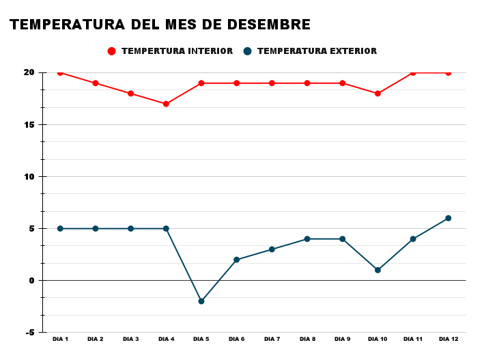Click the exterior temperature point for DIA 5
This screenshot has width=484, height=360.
pyautogui.click(x=201, y=301)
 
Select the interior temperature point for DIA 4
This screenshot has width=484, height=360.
pyautogui.click(x=166, y=104)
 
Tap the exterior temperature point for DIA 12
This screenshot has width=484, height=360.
pyautogui.click(x=449, y=218)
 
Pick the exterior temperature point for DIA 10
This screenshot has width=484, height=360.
pyautogui.click(x=378, y=270)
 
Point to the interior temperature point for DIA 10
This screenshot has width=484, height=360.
pyautogui.click(x=378, y=94)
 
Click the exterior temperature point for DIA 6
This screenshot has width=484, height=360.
pyautogui.click(x=237, y=260)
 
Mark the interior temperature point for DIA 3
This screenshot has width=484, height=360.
pyautogui.click(x=130, y=94)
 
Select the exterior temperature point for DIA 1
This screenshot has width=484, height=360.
pyautogui.click(x=60, y=228)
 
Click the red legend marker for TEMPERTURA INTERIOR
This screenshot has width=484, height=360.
pyautogui.click(x=112, y=51)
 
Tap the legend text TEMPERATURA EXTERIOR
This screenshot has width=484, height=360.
pyautogui.click(x=317, y=51)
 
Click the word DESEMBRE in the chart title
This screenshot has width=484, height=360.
pyautogui.click(x=272, y=25)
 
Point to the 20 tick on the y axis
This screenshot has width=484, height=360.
pyautogui.click(x=29, y=72)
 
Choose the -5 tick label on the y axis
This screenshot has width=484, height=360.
pyautogui.click(x=30, y=333)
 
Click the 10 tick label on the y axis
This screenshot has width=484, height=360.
pyautogui.click(x=29, y=176)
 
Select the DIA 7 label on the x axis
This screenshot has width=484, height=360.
pyautogui.click(x=272, y=340)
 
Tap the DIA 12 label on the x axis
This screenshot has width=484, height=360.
pyautogui.click(x=449, y=340)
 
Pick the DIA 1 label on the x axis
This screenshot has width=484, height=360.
pyautogui.click(x=60, y=340)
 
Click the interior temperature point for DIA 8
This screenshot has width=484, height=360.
pyautogui.click(x=307, y=83)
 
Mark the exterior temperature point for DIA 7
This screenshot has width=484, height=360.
pyautogui.click(x=272, y=249)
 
